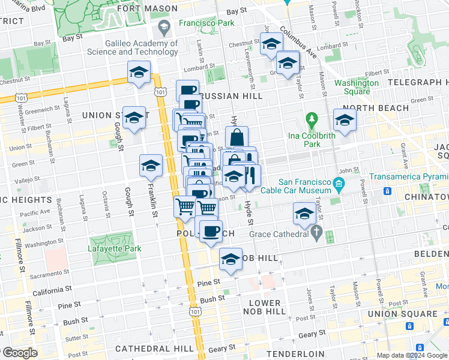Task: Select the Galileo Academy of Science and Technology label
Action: pyautogui.click(x=141, y=47)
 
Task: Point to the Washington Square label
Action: pyautogui.click(x=352, y=87)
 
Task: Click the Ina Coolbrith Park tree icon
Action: pyautogui.click(x=311, y=119)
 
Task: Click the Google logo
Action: pyautogui.click(x=19, y=353)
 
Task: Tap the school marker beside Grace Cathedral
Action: pyautogui.click(x=304, y=214)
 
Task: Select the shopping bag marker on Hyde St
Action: pyautogui.click(x=237, y=137)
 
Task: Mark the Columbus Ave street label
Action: pyautogui.click(x=298, y=45)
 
